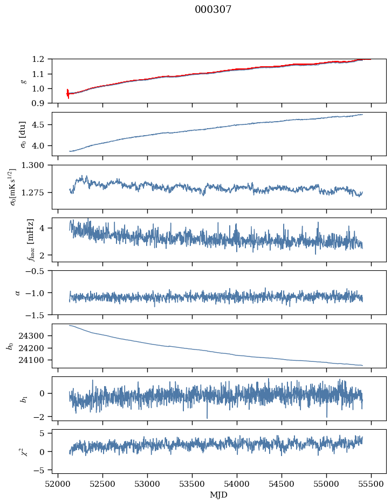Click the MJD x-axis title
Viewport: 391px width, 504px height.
point(219,495)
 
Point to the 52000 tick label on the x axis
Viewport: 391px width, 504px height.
point(58,484)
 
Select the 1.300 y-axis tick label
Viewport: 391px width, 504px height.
point(37,165)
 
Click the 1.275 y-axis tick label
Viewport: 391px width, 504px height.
point(37,192)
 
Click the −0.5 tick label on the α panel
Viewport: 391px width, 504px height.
point(38,271)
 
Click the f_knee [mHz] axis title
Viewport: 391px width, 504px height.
point(31,240)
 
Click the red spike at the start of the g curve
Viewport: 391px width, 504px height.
point(67,94)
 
